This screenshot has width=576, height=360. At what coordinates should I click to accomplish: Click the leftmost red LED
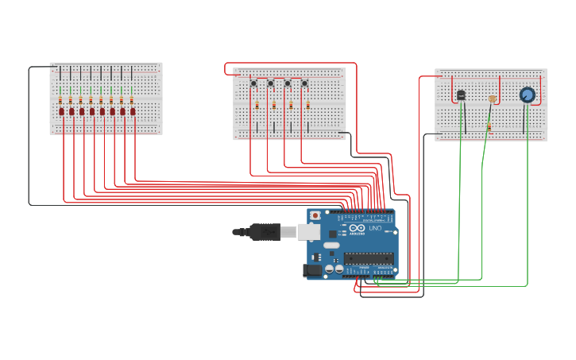(x=61, y=112)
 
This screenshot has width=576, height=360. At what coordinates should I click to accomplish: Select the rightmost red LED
(x=133, y=112)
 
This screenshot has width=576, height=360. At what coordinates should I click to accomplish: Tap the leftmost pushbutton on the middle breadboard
(x=253, y=83)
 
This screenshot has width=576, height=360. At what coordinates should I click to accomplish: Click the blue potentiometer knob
(x=527, y=95)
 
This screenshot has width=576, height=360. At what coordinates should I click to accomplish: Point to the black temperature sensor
(x=461, y=95)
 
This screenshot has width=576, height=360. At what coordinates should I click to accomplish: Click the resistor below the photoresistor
(x=489, y=126)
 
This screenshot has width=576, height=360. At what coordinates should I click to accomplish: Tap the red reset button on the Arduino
(x=315, y=215)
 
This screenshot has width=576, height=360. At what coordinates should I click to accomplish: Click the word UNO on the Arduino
(x=375, y=228)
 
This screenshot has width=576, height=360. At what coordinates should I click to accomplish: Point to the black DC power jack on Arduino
(x=312, y=271)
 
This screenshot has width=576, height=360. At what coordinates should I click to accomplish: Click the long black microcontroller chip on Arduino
(x=368, y=257)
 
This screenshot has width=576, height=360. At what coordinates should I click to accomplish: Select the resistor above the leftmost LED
(x=60, y=100)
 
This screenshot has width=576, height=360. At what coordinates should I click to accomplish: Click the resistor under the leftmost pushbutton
(x=257, y=104)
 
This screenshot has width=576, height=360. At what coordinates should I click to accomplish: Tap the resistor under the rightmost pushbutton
(x=307, y=104)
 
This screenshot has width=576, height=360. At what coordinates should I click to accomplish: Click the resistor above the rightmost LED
(x=132, y=100)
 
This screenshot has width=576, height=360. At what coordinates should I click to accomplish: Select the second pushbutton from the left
(x=270, y=83)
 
